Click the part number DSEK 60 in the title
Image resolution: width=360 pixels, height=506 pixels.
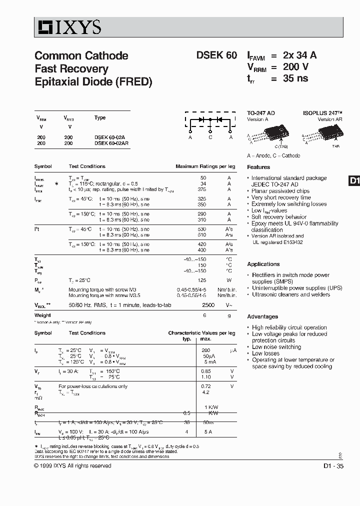(x=216, y=55)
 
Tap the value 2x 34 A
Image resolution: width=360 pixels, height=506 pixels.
(x=299, y=55)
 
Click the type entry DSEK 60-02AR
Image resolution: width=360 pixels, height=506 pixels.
(x=111, y=143)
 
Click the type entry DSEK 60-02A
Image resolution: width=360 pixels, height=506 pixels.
(x=109, y=137)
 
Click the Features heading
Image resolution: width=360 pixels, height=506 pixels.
(x=258, y=167)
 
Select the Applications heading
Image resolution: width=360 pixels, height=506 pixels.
(x=263, y=264)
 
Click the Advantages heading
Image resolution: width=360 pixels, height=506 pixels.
(x=262, y=316)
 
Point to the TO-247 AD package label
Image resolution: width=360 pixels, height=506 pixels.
(x=261, y=113)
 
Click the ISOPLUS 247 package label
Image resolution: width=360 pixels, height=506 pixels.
(x=322, y=113)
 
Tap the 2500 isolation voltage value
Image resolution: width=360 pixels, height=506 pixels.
(x=208, y=305)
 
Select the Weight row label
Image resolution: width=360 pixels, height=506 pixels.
(x=42, y=315)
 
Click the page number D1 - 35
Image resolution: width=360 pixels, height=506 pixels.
(x=333, y=466)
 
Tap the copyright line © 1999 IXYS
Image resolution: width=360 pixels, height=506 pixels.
(x=72, y=466)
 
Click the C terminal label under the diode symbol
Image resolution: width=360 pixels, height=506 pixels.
(x=210, y=137)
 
